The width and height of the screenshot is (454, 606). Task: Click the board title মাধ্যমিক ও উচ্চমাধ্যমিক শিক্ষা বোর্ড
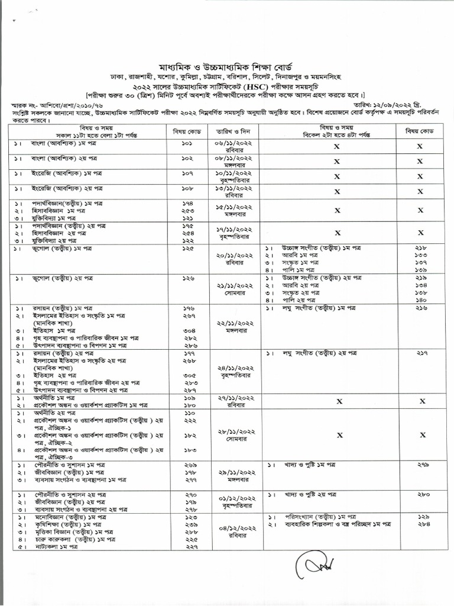226,65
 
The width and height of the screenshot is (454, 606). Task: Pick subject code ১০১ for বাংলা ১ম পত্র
187,144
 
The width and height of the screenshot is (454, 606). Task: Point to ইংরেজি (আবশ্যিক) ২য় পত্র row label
65,188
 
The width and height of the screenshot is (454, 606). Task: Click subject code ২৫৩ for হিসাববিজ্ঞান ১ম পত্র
187,210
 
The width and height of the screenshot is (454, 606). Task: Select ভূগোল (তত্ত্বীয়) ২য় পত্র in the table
66,278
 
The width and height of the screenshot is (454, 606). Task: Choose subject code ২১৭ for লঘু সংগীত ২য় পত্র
420,352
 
